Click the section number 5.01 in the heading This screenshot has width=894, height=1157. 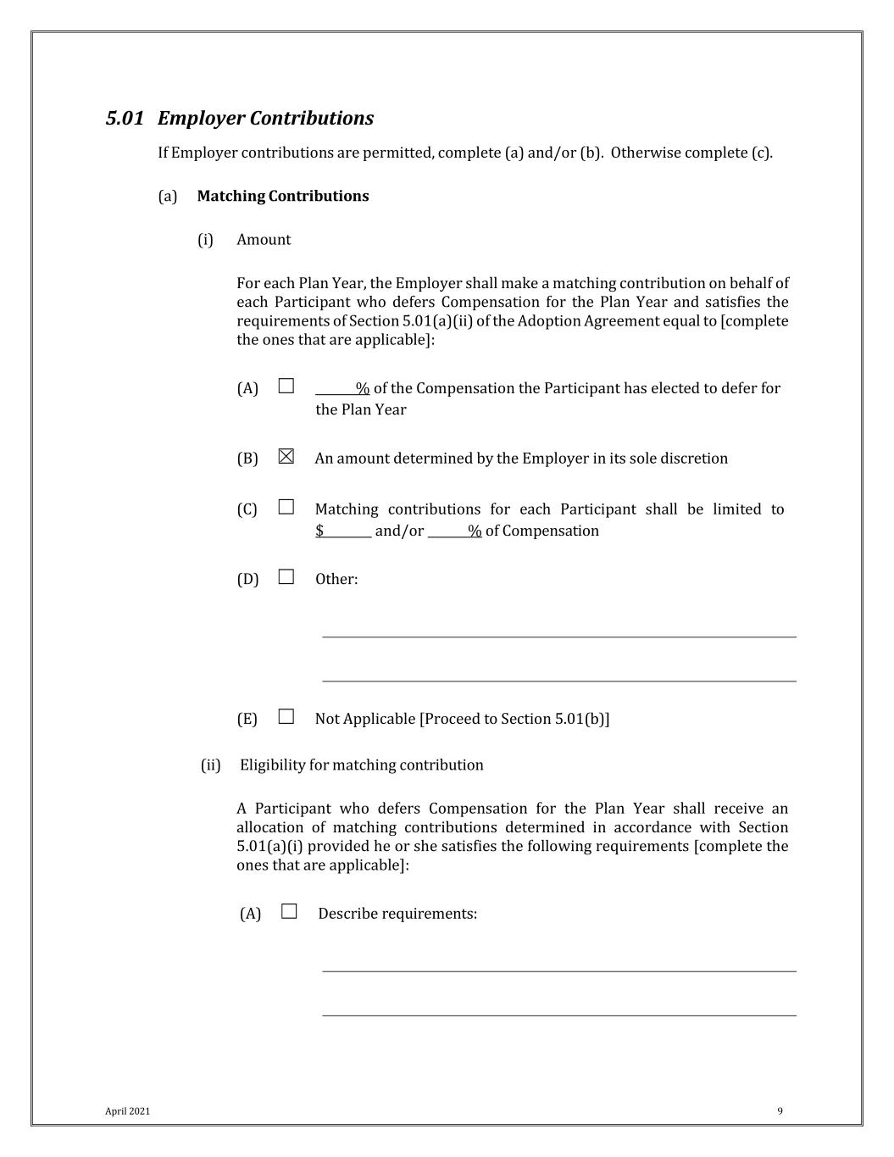(x=125, y=119)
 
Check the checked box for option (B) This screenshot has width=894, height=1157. (x=286, y=457)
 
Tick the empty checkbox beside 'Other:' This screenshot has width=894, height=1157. (x=286, y=577)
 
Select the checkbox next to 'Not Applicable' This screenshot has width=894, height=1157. (x=286, y=717)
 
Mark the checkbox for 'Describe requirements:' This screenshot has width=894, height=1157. (x=290, y=912)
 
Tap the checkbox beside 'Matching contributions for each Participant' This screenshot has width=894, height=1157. (x=286, y=508)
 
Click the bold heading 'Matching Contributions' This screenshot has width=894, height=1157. (x=283, y=197)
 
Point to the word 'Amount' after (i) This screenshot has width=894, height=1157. (x=264, y=240)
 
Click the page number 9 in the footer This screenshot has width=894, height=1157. (x=780, y=1111)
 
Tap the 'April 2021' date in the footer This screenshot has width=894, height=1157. (x=127, y=1111)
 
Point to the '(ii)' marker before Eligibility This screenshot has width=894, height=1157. (x=210, y=765)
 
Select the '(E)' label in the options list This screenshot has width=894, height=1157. (x=247, y=719)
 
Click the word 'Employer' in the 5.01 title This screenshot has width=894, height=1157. (x=201, y=119)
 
